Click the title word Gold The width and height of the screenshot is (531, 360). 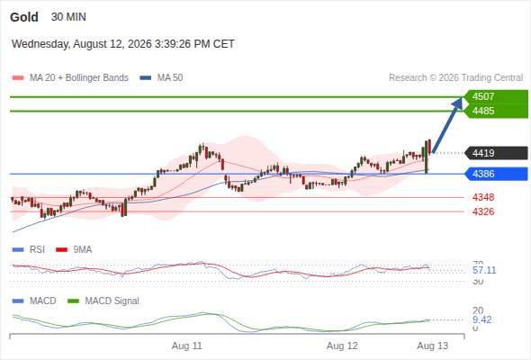(24, 17)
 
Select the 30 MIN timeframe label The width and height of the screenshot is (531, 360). (68, 17)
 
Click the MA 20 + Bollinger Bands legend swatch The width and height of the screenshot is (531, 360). (18, 78)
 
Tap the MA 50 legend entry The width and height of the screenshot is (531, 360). (161, 78)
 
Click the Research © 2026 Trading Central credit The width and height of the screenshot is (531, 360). (455, 78)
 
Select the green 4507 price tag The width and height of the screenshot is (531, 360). (496, 96)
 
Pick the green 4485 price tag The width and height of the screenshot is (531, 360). (496, 111)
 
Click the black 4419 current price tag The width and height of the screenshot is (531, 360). (496, 153)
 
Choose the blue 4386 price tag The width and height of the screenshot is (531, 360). (496, 174)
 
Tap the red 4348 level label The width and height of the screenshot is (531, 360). (483, 197)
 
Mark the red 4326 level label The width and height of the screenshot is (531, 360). (483, 211)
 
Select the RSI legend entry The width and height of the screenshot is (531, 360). (29, 250)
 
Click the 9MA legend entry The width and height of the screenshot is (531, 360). (74, 250)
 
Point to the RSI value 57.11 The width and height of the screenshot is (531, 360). (484, 270)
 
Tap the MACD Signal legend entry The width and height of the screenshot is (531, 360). (103, 301)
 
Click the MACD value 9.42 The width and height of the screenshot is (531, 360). (481, 319)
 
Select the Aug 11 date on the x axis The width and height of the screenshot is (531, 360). (187, 346)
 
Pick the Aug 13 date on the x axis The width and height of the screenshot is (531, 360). (433, 346)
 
